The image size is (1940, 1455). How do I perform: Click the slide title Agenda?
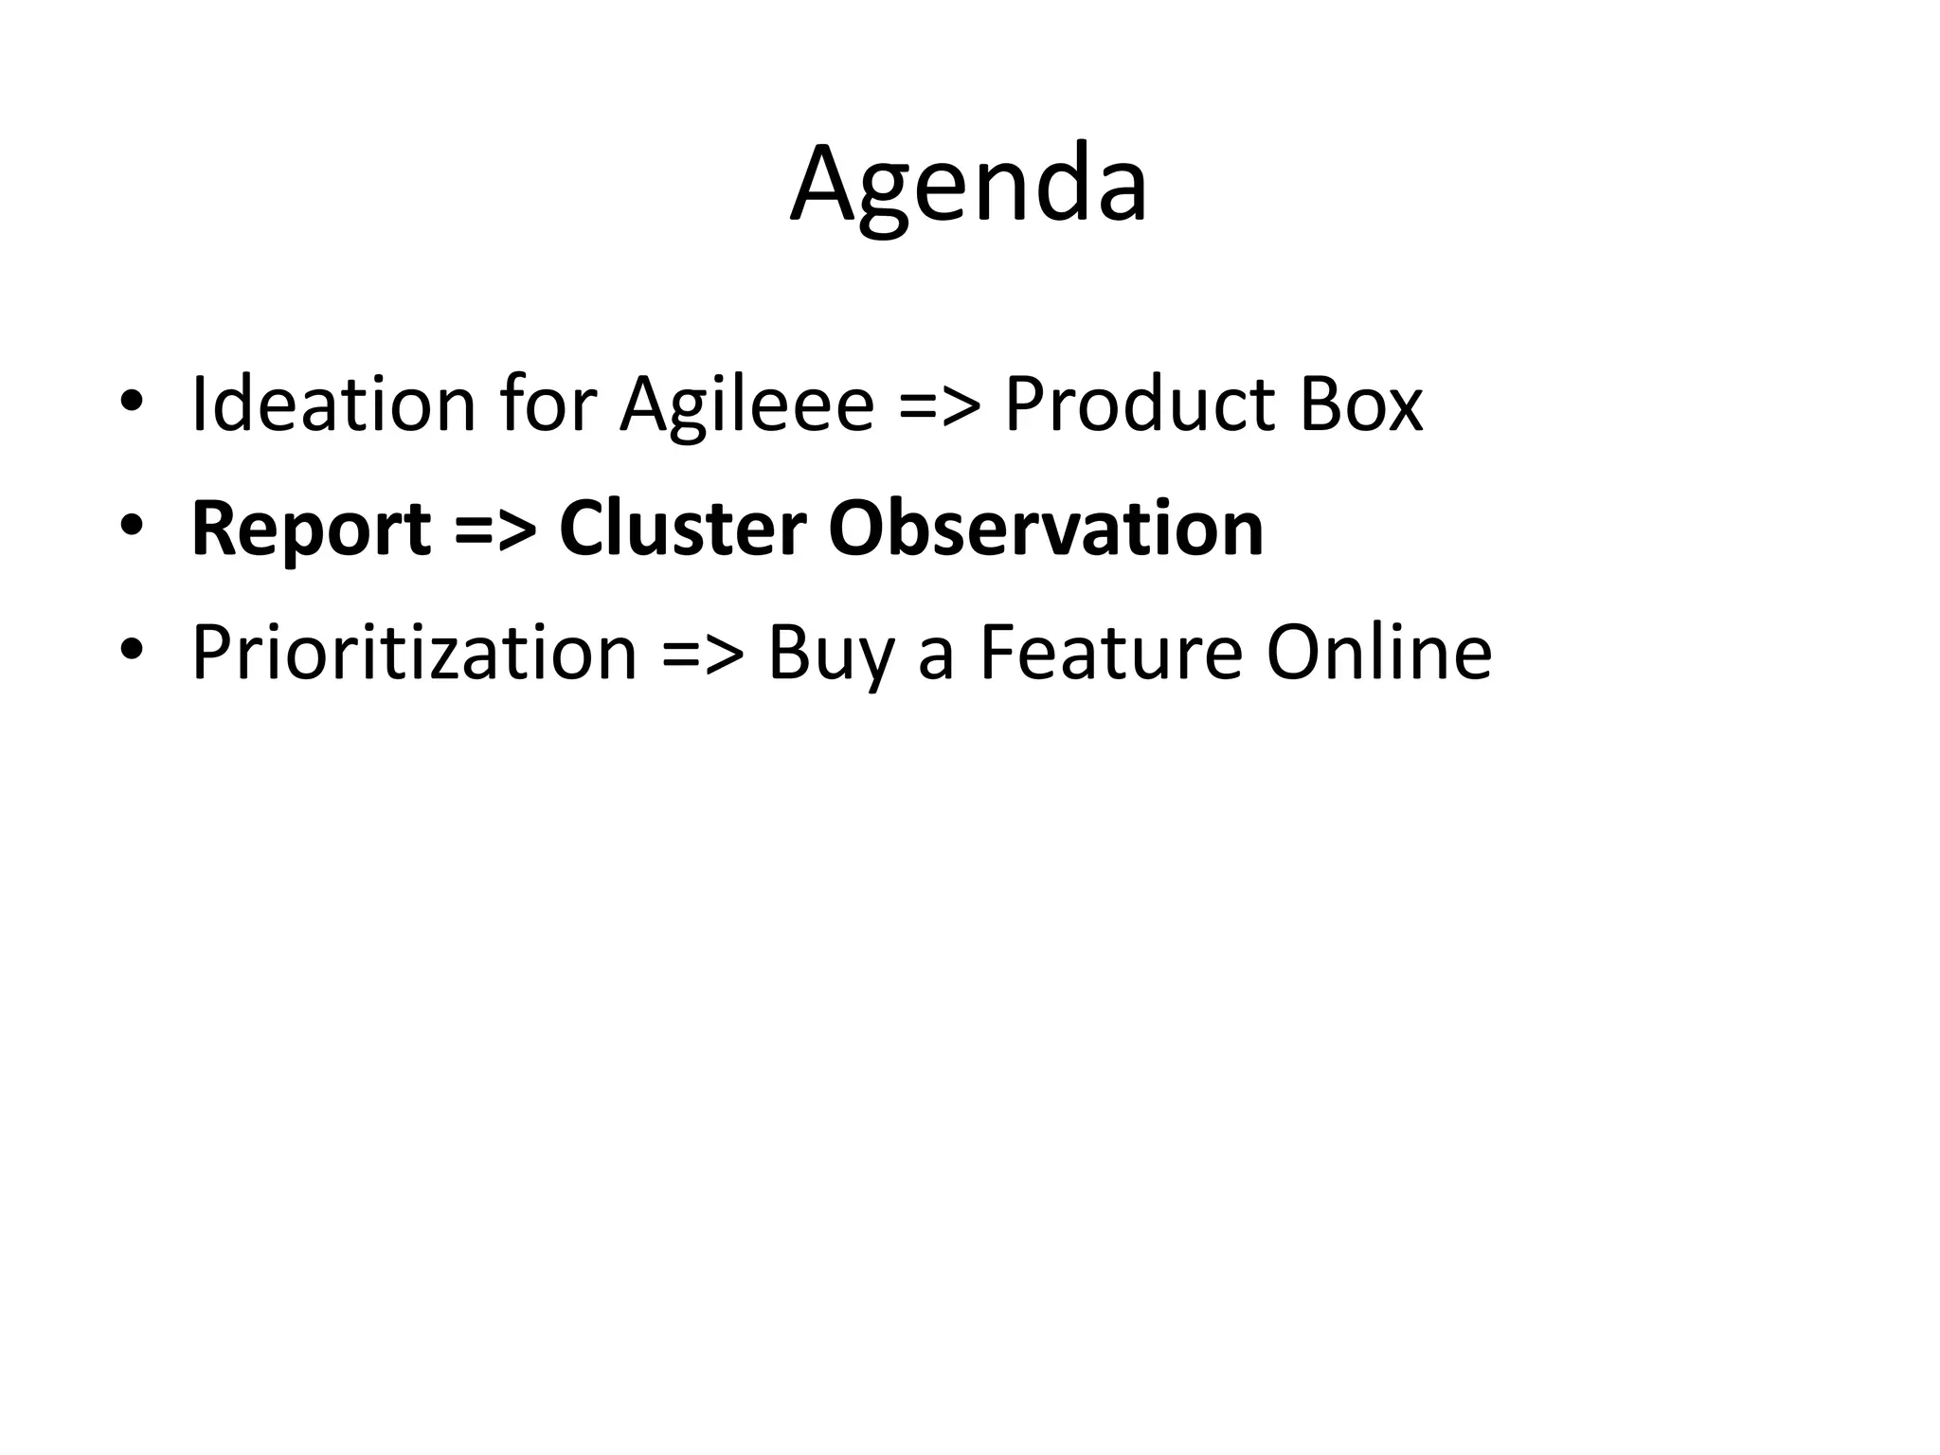(x=969, y=185)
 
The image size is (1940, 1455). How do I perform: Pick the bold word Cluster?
(x=683, y=529)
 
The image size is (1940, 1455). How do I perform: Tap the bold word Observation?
(x=1046, y=529)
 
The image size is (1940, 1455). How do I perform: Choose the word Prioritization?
(x=415, y=655)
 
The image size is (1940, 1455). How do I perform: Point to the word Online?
(x=1379, y=654)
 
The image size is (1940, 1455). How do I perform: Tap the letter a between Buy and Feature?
(x=936, y=658)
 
